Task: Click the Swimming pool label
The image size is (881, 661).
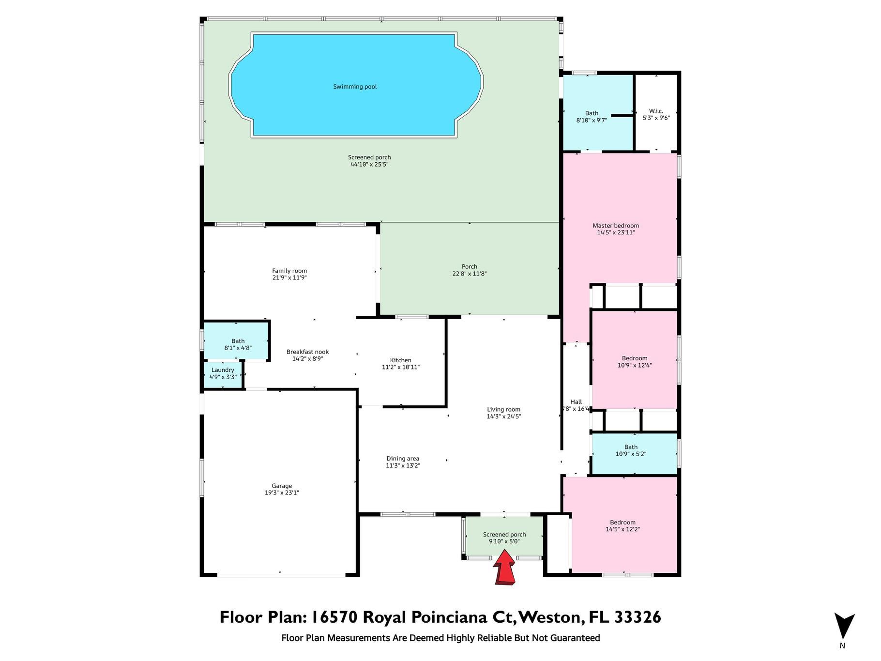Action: pos(355,87)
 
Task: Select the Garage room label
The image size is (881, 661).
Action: pos(282,486)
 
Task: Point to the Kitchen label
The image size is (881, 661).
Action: pos(401,360)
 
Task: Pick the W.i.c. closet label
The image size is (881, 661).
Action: pos(656,111)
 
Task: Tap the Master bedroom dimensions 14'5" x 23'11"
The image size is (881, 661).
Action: pos(616,232)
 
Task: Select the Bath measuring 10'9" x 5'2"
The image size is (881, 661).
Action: pos(634,454)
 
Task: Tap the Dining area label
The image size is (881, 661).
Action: pos(403,459)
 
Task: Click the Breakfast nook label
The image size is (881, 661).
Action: pos(307,352)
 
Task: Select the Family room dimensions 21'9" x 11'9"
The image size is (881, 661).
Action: pos(289,278)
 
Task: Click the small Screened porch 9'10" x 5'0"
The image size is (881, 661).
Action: pos(504,538)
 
